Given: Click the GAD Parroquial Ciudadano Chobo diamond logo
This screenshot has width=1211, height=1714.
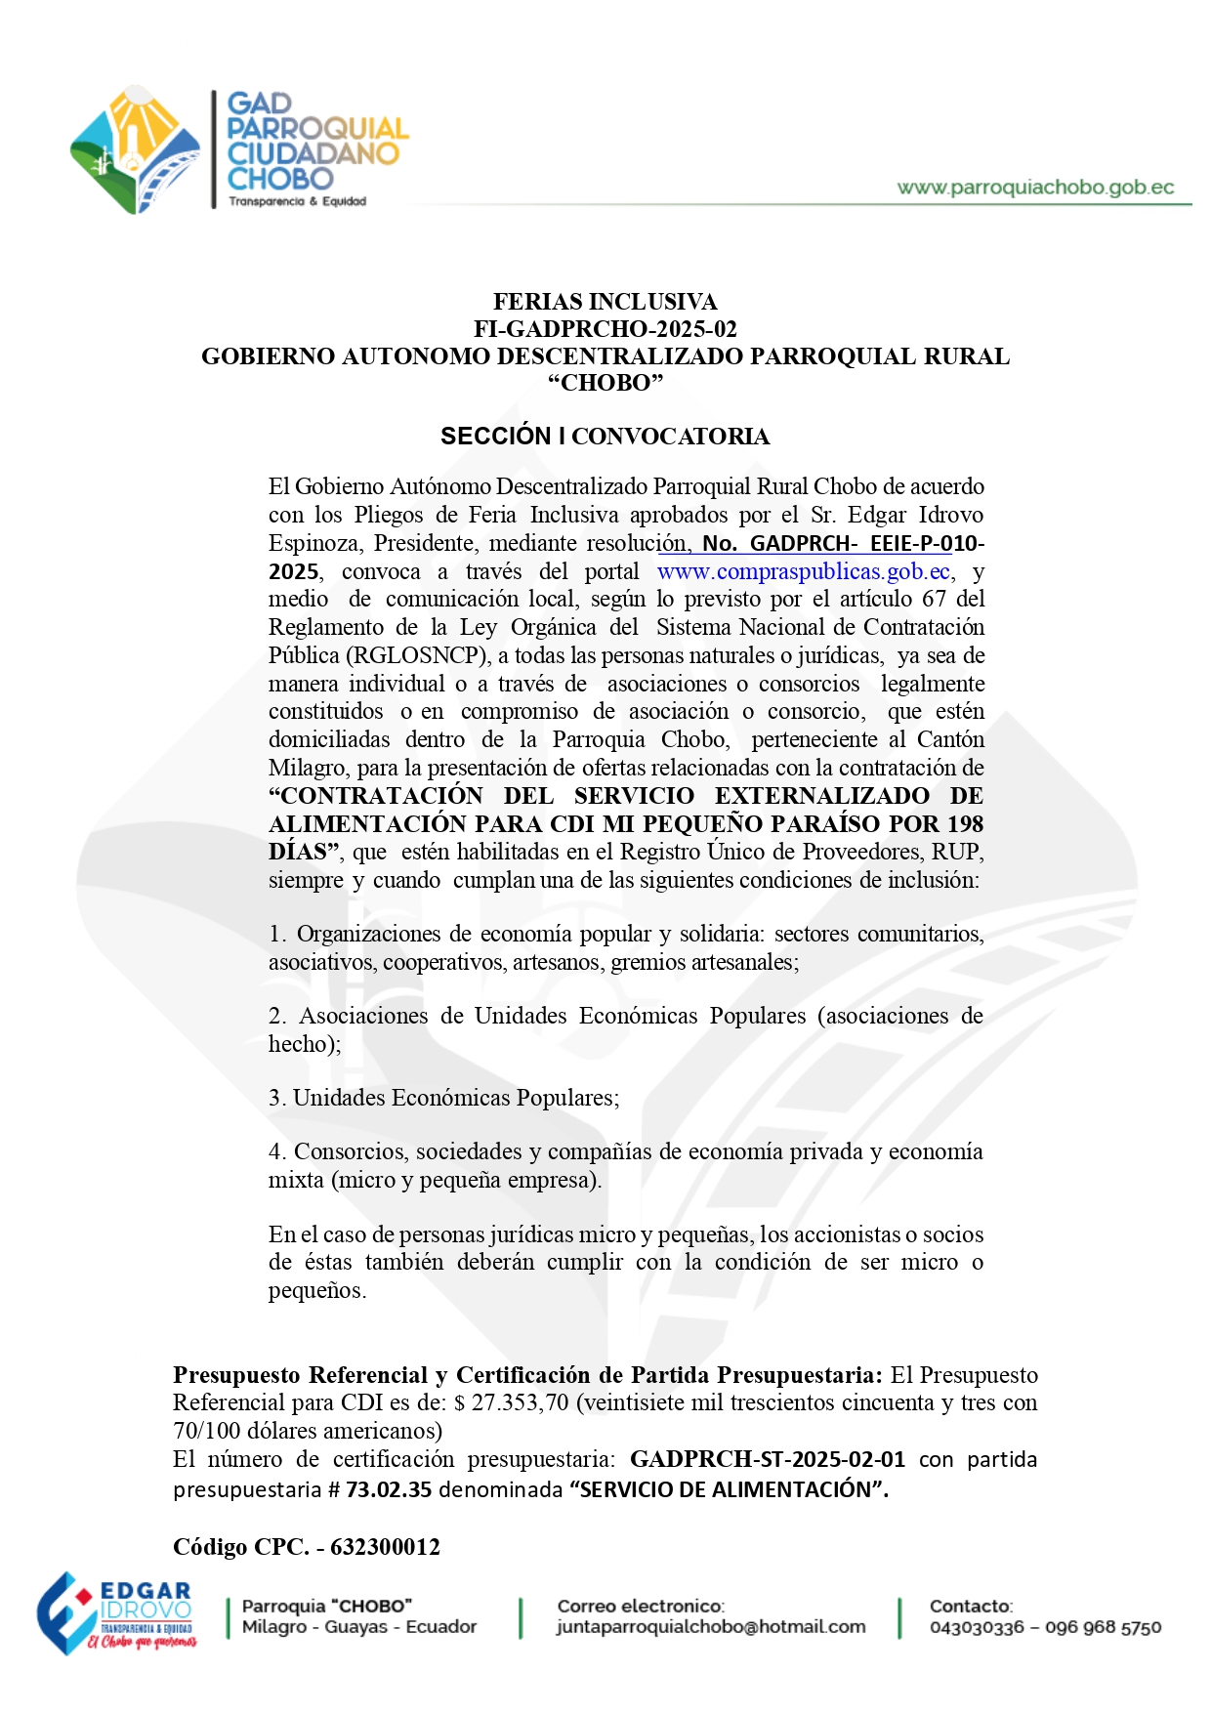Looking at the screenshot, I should click(136, 150).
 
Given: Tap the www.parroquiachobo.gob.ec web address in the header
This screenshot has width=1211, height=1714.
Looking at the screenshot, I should click(1035, 188).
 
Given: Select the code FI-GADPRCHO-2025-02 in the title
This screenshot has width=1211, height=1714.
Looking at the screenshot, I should click(605, 329).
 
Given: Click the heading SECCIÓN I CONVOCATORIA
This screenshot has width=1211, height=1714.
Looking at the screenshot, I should click(605, 437).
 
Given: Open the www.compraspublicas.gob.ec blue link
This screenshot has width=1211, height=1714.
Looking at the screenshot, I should click(803, 571).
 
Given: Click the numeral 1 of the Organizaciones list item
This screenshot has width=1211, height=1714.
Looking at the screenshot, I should click(275, 935).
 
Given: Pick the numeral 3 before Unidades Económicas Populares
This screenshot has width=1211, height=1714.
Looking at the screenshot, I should click(275, 1099).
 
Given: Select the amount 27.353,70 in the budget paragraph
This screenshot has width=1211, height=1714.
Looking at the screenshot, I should click(520, 1403).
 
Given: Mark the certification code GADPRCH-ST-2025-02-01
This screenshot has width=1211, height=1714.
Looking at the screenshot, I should click(768, 1460).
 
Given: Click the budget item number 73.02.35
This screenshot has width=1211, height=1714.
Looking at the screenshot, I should click(389, 1490).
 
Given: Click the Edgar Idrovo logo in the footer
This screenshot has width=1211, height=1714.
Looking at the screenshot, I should click(115, 1613).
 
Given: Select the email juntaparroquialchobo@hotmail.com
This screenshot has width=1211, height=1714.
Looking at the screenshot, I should click(711, 1627).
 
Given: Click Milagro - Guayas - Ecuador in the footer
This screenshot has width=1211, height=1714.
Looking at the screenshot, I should click(359, 1627).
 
